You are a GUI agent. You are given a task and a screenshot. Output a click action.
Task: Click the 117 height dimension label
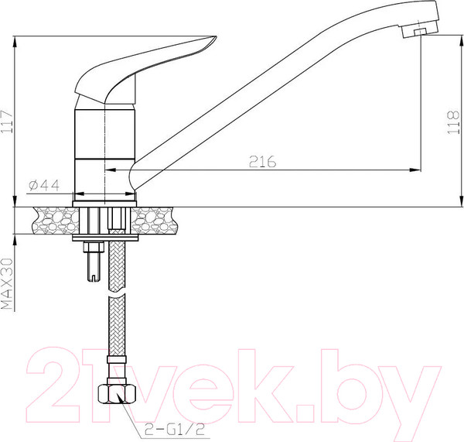click(x=9, y=121)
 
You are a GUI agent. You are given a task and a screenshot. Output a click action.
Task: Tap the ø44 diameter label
click(x=44, y=185)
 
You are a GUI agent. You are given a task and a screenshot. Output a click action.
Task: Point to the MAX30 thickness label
click(x=9, y=283)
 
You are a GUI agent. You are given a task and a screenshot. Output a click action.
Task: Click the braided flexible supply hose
click(x=117, y=325)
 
